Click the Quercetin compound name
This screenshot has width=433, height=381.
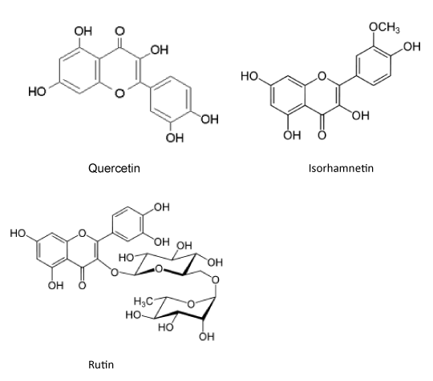114,168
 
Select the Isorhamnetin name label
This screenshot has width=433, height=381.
341,168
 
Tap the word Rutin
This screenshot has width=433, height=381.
101,365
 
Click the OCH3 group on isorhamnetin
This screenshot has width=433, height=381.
384,27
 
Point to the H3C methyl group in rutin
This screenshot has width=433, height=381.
143,302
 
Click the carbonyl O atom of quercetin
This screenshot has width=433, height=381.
119,31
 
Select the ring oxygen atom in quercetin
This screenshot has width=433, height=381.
119,94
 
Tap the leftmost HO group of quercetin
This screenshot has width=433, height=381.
37,91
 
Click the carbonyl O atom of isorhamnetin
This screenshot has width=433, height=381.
322,135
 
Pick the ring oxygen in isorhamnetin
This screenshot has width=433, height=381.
322,76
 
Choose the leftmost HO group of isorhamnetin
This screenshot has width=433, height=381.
249,76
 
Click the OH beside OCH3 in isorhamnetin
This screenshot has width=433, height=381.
411,46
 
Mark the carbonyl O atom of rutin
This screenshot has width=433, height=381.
82,285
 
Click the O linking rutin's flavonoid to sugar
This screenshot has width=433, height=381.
115,273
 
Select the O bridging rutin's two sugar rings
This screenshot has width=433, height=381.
215,280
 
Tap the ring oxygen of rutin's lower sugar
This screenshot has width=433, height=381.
191,304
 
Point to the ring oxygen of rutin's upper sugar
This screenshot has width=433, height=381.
159,268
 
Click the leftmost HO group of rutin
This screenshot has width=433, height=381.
18,233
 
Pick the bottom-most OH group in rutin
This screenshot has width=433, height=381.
207,337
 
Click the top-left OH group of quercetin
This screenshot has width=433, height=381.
83,31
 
